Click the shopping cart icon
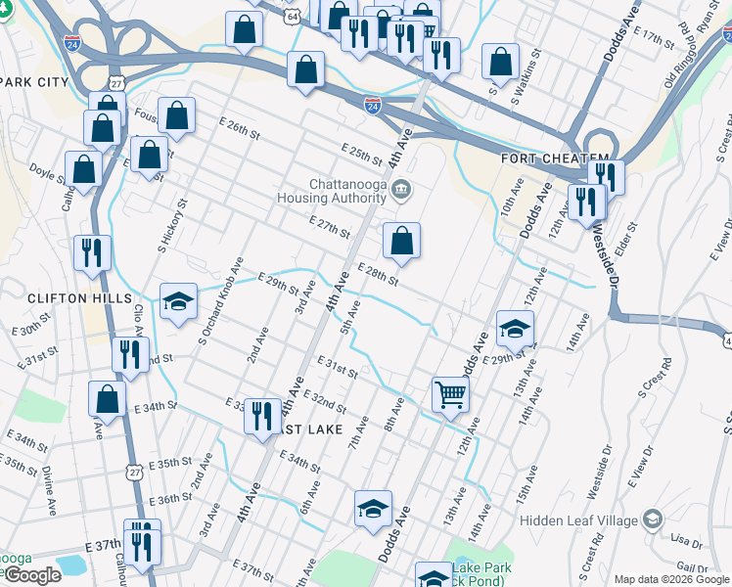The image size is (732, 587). [450, 395]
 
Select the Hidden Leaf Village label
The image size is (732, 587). [579, 520]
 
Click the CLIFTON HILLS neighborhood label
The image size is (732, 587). [66, 297]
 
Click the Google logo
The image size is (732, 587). [31, 575]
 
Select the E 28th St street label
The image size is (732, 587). [377, 275]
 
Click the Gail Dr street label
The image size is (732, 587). [691, 568]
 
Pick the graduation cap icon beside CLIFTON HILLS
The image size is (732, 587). [178, 302]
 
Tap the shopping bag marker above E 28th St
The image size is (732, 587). [401, 240]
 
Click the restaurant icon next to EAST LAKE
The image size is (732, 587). [261, 415]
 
